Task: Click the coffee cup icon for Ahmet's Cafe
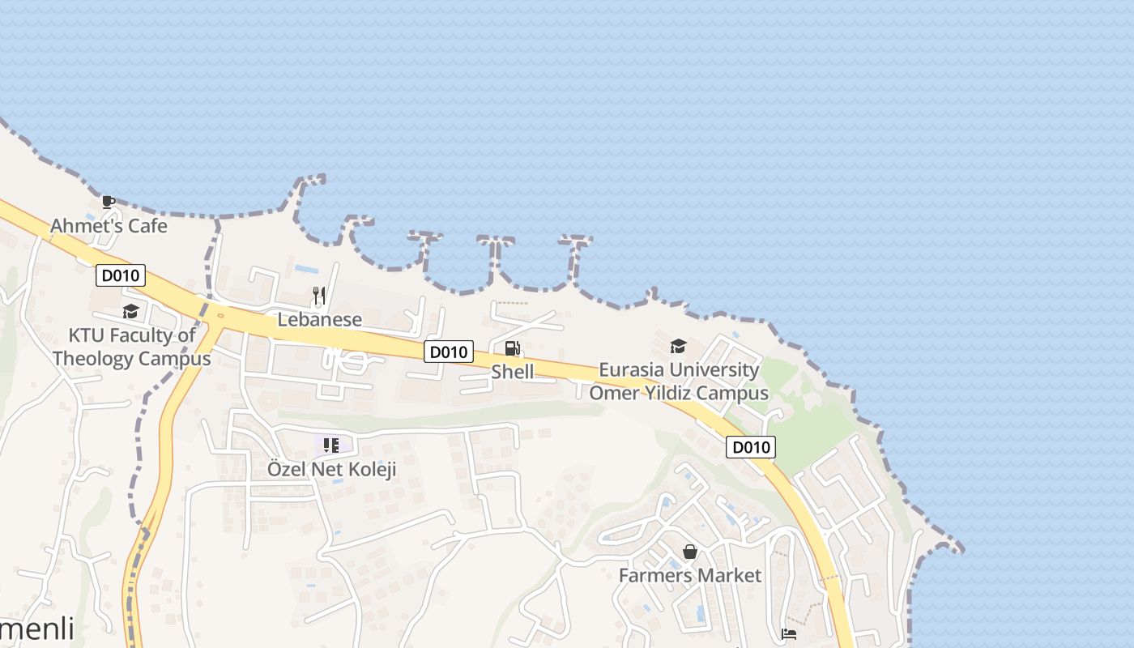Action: coord(109,202)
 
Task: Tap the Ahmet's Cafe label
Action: coord(109,226)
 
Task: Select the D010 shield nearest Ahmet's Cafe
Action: coord(121,275)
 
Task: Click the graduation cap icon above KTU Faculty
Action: coord(130,312)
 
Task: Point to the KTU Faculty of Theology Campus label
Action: coord(131,347)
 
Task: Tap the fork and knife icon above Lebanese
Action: coord(319,296)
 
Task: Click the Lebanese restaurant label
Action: coord(319,319)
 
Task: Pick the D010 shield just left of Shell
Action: coord(448,352)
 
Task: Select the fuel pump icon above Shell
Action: coord(512,348)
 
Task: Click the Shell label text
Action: coord(512,372)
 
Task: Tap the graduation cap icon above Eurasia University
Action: coord(678,347)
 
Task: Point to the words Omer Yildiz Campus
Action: coord(679,394)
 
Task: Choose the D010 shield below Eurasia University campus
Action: coord(750,447)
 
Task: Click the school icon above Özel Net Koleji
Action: coord(330,445)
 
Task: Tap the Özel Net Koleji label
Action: coord(332,469)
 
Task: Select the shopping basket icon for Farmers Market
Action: coord(690,552)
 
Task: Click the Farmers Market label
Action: coord(690,576)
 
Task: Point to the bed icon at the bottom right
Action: coord(789,633)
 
